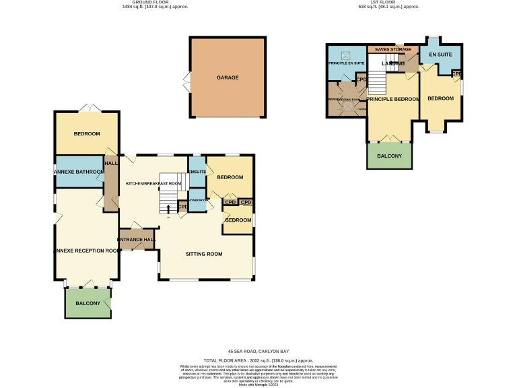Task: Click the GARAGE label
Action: [x=228, y=77]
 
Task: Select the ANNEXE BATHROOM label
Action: [x=79, y=172]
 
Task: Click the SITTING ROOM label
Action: [x=203, y=254]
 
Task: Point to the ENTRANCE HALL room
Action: [x=137, y=239]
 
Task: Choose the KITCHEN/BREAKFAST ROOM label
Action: [x=153, y=183]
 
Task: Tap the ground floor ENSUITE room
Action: [x=197, y=172]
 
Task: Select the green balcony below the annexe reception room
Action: [x=88, y=303]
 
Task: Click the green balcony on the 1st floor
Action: [x=389, y=156]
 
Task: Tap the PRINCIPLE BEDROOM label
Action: [x=392, y=99]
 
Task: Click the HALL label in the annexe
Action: [x=111, y=162]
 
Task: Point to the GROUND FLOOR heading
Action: [x=155, y=2]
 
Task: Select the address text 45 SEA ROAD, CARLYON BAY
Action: [x=258, y=352]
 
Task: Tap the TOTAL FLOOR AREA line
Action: [x=258, y=360]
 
